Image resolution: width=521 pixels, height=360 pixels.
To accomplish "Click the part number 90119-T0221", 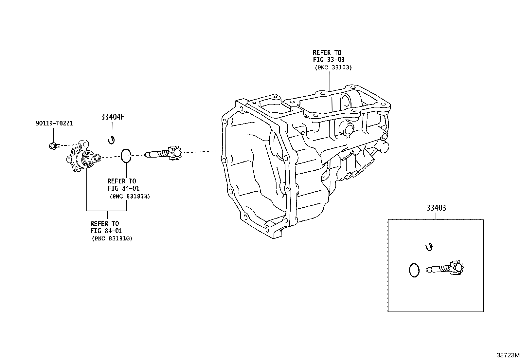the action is coord(54,123).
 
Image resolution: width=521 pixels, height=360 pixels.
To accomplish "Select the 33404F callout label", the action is coord(113,117).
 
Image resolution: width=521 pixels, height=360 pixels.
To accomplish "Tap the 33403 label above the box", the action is coord(436,208).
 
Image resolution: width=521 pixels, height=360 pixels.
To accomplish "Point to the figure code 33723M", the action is coord(508,355).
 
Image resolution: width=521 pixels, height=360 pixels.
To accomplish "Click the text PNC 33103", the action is coord(333,67).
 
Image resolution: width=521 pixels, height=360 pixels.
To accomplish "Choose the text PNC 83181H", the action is coord(130,197).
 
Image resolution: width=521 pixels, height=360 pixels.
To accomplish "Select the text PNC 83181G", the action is coord(112,239).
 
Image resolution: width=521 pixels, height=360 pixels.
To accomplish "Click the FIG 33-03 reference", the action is coord(329,60).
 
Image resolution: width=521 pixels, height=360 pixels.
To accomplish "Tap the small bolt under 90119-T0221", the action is coord(55,146).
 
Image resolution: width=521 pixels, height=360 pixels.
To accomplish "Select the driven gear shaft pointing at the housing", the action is coord(164,153).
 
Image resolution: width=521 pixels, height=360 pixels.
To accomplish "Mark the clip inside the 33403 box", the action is coord(429,247).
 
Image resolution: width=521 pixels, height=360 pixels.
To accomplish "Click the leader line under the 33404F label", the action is coord(112,129).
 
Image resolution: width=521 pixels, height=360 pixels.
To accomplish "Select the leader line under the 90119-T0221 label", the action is coord(54,135).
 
